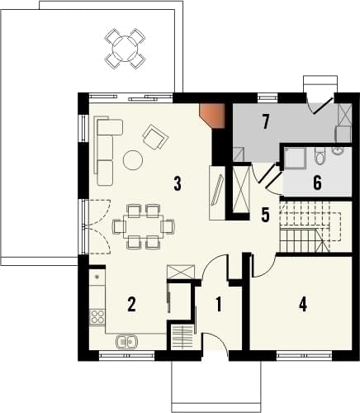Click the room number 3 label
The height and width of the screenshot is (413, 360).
[x=178, y=184]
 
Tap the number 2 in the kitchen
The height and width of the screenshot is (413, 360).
[x=131, y=305]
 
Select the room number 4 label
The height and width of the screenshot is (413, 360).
[x=303, y=305]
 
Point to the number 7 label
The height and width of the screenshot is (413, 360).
[x=266, y=122]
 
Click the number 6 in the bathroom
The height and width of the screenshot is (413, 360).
[x=317, y=183]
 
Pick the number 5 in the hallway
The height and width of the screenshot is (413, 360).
[x=265, y=215]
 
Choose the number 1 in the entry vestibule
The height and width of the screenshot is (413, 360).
[x=219, y=305]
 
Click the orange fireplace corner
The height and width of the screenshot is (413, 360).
[x=213, y=116]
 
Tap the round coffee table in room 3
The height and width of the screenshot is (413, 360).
[x=133, y=159]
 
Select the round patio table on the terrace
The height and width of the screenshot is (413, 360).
[x=126, y=49]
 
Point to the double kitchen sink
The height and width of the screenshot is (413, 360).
[x=126, y=342]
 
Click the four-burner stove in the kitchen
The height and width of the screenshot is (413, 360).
[x=97, y=316]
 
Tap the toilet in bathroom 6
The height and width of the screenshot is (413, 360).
[x=320, y=157]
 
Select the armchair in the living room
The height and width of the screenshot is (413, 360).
[x=155, y=137]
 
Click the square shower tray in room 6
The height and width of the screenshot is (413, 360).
[x=295, y=158]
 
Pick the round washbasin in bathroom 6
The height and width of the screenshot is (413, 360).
[x=337, y=150]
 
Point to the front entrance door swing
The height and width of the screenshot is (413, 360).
[x=216, y=343]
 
